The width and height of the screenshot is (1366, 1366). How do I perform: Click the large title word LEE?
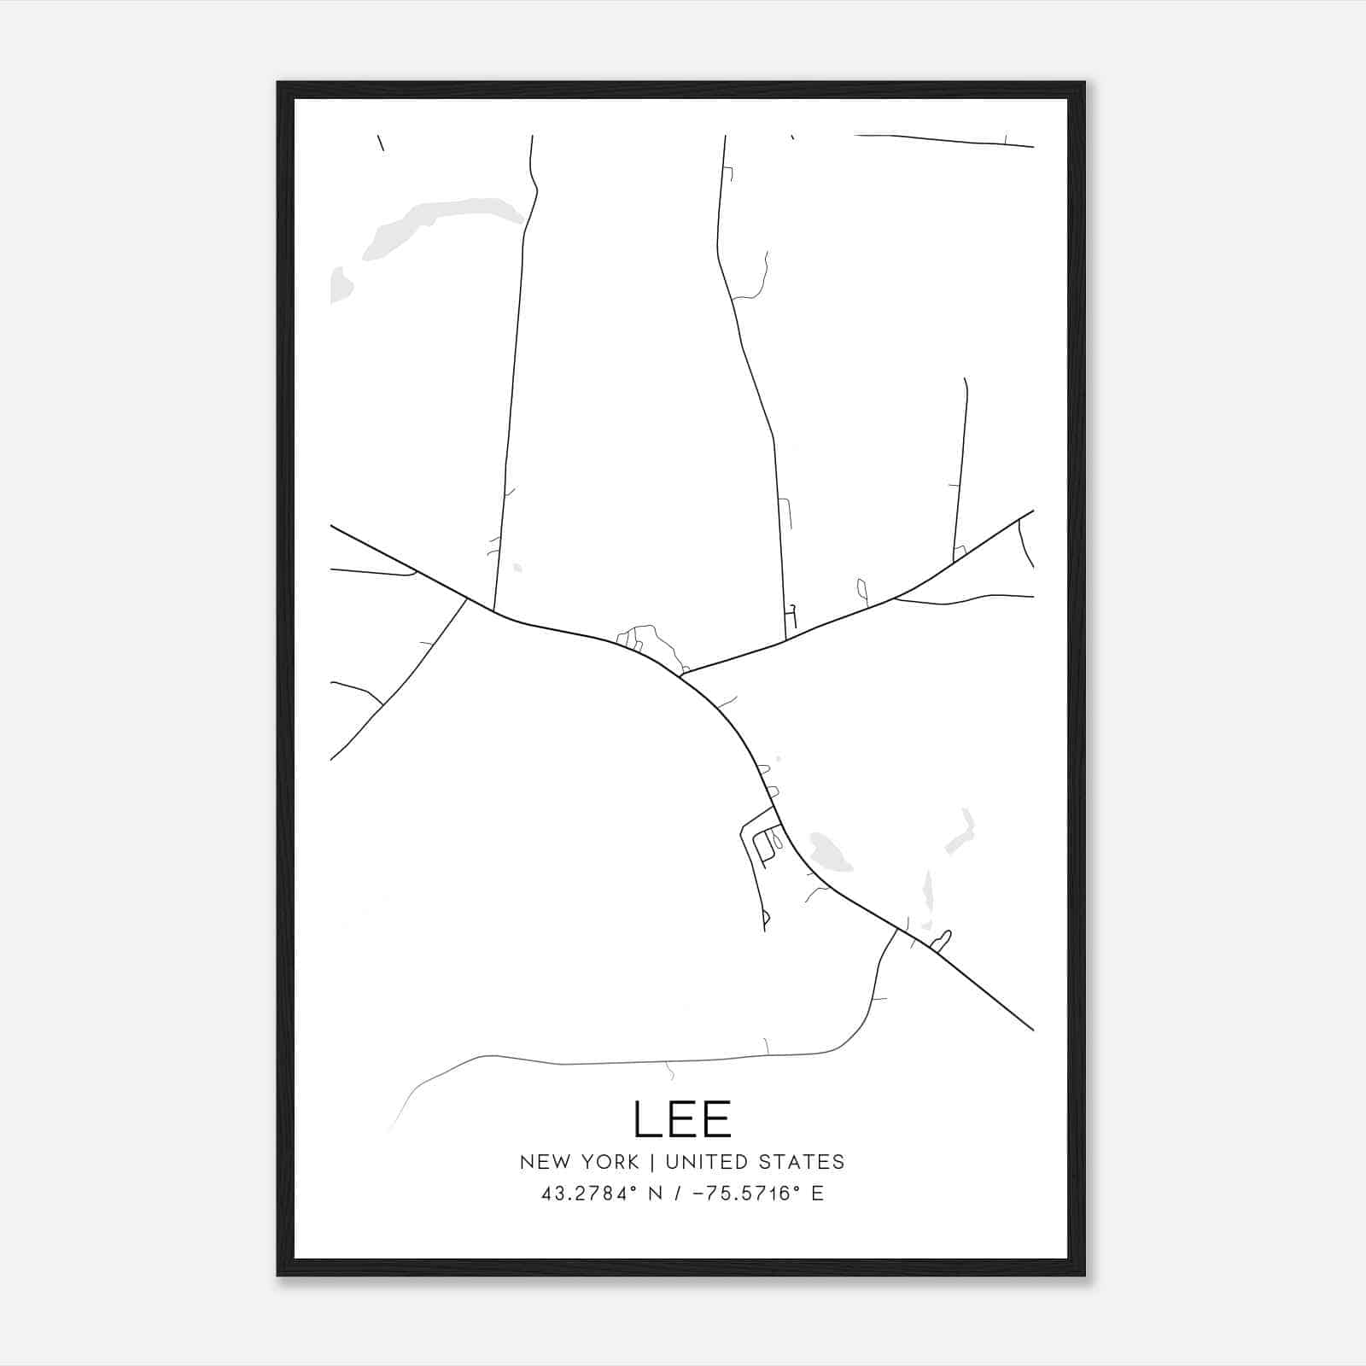coord(682,1119)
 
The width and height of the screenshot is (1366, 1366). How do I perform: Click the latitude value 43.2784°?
coord(589,1194)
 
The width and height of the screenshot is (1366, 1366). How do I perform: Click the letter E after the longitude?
coord(818,1194)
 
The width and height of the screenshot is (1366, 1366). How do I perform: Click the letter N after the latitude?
coord(657,1194)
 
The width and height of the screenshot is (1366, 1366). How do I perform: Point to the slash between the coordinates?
coord(677,1194)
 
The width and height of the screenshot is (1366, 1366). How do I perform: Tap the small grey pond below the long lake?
coord(341,284)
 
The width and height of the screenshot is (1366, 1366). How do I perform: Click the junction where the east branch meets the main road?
coord(680,674)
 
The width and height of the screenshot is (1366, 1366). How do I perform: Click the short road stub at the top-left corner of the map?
coord(380,143)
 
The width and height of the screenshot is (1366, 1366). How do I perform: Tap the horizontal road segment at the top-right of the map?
coord(943,141)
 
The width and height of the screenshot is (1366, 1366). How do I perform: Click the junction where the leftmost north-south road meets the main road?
coord(493,611)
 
